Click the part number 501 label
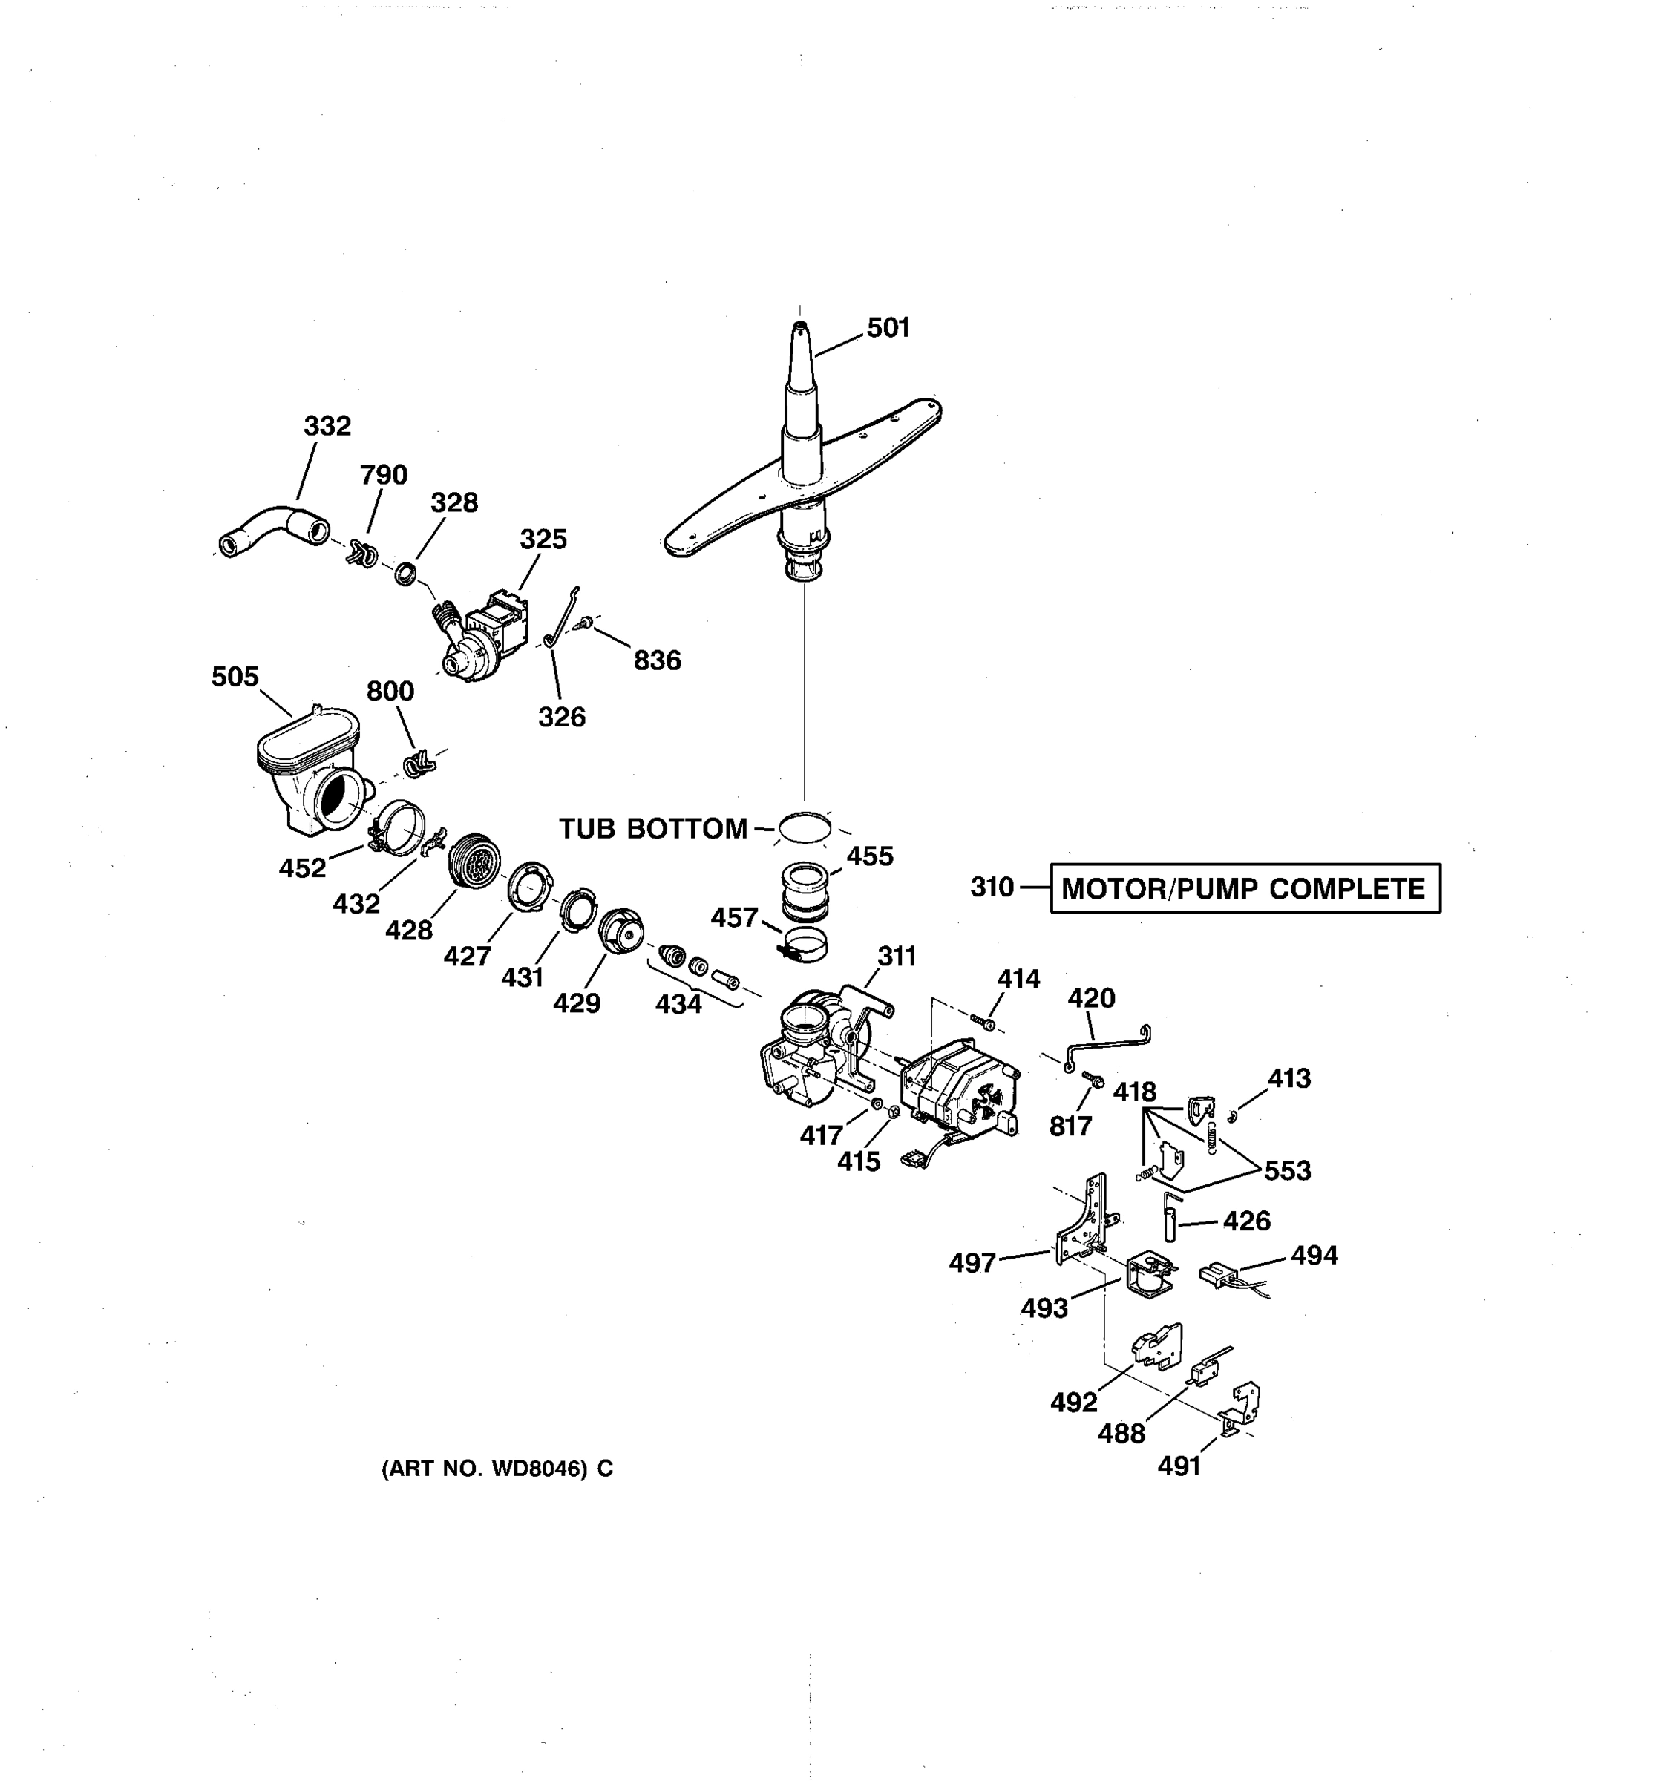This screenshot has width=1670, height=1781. tap(887, 328)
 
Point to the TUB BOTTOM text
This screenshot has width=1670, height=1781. tap(652, 829)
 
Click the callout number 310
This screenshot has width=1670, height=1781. tap(991, 887)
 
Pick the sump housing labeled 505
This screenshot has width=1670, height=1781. tap(309, 770)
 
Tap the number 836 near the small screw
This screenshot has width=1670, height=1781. tap(657, 660)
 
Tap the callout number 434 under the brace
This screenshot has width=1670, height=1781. tap(678, 1004)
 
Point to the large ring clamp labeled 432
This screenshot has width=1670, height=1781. tap(399, 825)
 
